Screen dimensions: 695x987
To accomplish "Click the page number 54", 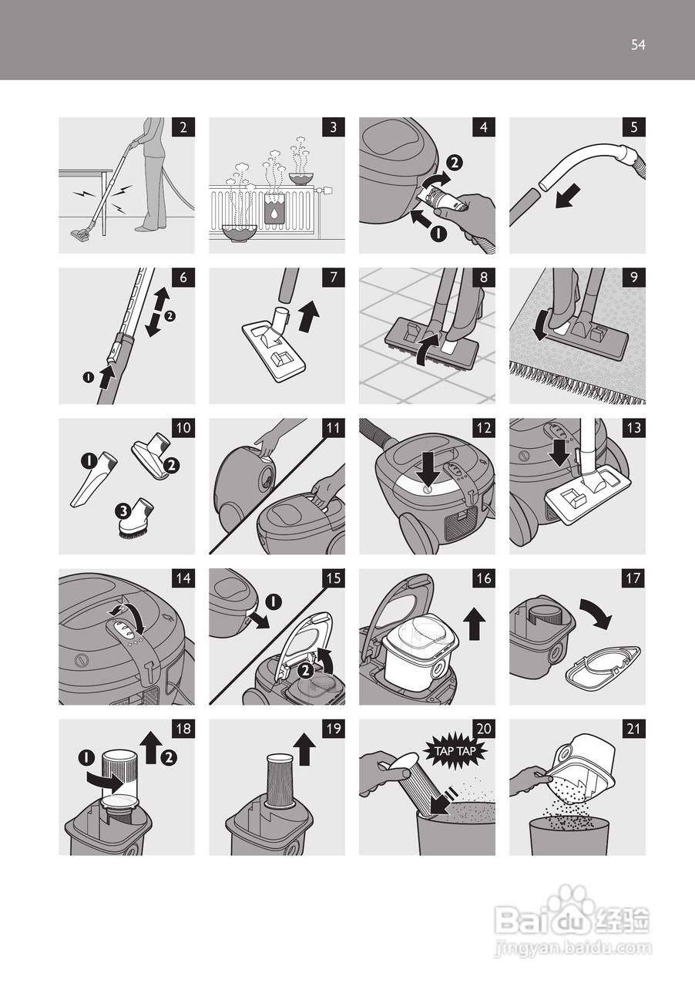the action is point(638,45).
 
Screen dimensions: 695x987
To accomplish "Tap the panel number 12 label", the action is point(484,428).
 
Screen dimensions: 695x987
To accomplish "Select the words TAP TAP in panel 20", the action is point(455,751).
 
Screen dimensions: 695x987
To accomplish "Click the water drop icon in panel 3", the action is point(274,214).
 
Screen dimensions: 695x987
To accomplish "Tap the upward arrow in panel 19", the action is point(304,750).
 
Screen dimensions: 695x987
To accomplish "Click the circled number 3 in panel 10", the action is point(123,511).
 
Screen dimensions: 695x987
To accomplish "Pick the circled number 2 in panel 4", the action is point(455,163).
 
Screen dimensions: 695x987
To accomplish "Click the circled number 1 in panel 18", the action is point(87,757).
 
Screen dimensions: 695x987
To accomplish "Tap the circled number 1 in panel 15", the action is point(274,602).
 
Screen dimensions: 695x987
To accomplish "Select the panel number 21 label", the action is point(634,729).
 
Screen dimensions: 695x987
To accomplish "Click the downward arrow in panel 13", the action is point(560,452).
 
